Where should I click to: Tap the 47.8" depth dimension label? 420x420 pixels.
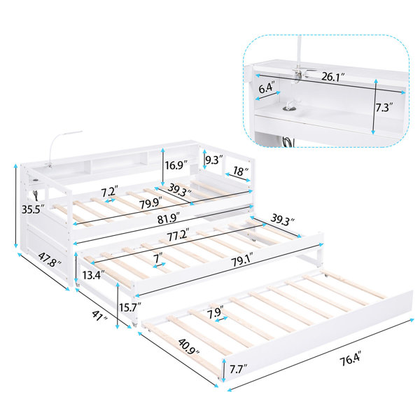tap(50, 260)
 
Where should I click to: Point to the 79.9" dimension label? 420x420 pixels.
tap(150, 203)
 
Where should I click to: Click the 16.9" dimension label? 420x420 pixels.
tap(176, 165)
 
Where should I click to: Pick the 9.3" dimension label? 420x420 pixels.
tap(214, 160)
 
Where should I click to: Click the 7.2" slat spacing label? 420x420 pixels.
tap(110, 191)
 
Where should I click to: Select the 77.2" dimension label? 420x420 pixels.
tap(178, 235)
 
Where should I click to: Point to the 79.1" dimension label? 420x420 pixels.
tap(242, 260)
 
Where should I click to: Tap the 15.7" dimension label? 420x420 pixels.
tap(130, 307)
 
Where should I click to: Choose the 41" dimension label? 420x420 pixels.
tap(99, 316)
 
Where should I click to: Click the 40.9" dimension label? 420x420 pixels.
tap(188, 346)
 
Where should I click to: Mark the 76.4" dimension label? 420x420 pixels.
tap(351, 358)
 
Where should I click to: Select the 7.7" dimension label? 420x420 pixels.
tap(238, 369)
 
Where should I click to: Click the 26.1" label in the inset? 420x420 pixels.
tap(332, 77)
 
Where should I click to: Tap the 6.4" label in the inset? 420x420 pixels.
tap(267, 88)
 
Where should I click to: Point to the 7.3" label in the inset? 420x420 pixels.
tap(384, 107)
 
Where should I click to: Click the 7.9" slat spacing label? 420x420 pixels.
tap(215, 313)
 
